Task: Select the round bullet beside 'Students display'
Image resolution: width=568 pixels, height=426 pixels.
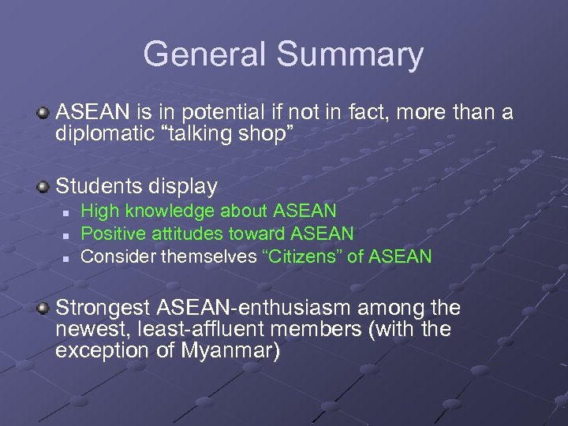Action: tap(44, 188)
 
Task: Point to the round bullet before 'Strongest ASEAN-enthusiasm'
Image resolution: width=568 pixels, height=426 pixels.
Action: tap(44, 308)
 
